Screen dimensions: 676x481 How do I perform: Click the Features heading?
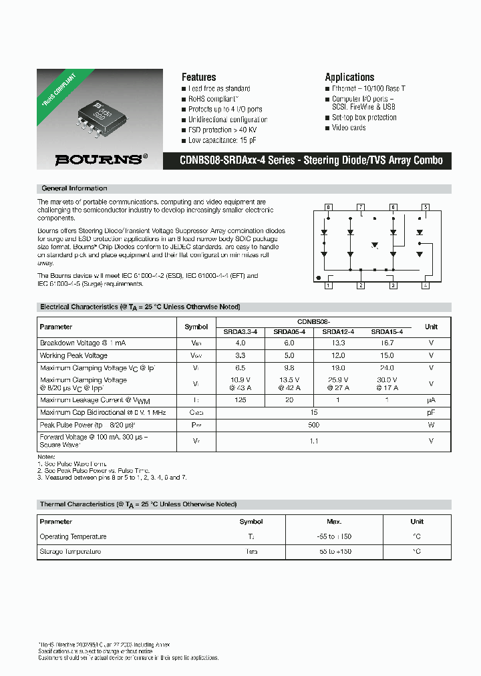pyautogui.click(x=198, y=77)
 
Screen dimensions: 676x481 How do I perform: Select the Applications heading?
pyautogui.click(x=349, y=77)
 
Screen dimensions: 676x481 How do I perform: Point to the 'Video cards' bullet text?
pyautogui.click(x=349, y=128)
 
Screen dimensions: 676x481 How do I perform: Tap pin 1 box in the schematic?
pyautogui.click(x=328, y=286)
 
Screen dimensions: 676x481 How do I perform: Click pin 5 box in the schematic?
pyautogui.click(x=426, y=207)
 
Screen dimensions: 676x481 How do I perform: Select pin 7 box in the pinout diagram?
pyautogui.click(x=361, y=207)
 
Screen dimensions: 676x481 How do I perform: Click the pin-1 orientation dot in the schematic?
pyautogui.click(x=319, y=277)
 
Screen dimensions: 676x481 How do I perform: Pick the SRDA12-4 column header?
pyautogui.click(x=338, y=331)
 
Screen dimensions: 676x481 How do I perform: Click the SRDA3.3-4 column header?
pyautogui.click(x=240, y=331)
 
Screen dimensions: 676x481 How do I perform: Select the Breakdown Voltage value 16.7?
pyautogui.click(x=387, y=343)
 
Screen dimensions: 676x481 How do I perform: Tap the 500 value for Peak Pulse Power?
pyautogui.click(x=314, y=425)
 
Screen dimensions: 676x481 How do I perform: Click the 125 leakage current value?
pyautogui.click(x=240, y=399)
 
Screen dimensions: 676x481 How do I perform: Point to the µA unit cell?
pyautogui.click(x=431, y=399)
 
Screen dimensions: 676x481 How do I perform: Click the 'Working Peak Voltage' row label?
pyautogui.click(x=73, y=355)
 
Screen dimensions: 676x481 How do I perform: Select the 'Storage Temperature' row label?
pyautogui.click(x=70, y=552)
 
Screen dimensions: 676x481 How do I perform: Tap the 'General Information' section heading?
pyautogui.click(x=74, y=188)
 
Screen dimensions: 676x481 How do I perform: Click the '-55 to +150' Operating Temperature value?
pyautogui.click(x=334, y=536)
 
